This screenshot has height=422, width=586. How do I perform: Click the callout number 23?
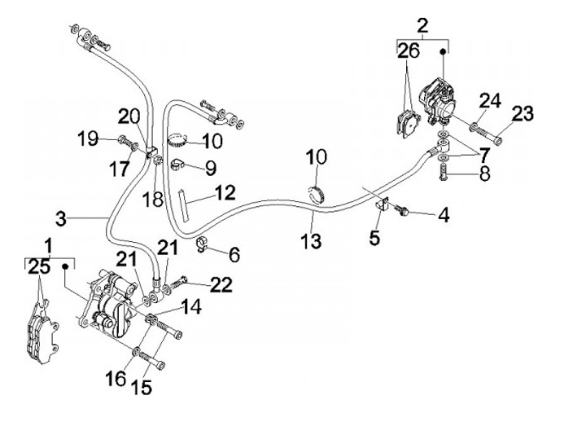click(x=523, y=113)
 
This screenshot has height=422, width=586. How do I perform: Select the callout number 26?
click(x=409, y=51)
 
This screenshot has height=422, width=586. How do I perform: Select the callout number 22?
click(x=221, y=284)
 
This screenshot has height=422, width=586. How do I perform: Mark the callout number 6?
click(x=234, y=255)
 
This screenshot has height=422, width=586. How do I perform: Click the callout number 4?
click(x=444, y=216)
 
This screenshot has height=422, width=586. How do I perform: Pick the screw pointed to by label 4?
click(x=403, y=211)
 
